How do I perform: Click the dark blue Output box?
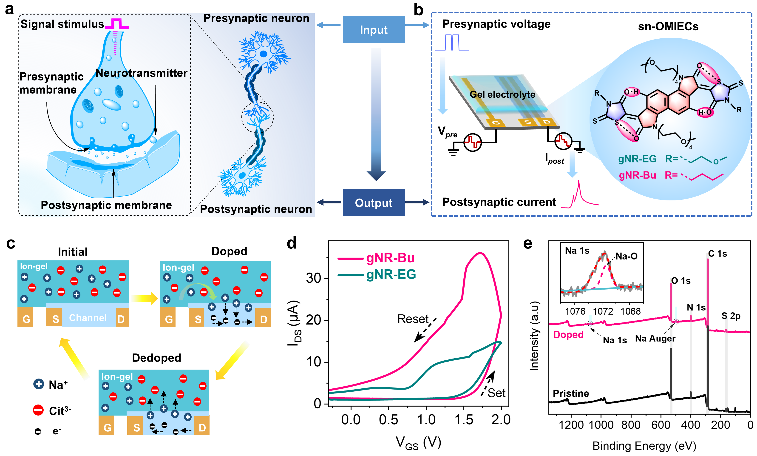click(x=373, y=202)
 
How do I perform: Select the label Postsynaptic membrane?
click(x=106, y=205)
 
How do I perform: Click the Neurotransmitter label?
click(x=141, y=73)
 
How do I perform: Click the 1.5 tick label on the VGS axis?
click(x=464, y=420)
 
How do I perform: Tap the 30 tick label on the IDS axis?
click(x=313, y=278)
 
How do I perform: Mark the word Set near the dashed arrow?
click(x=496, y=393)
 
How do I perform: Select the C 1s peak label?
click(x=717, y=254)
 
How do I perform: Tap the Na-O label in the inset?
click(x=627, y=256)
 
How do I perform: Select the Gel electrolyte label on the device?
click(x=502, y=94)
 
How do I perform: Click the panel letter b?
click(x=418, y=10)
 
